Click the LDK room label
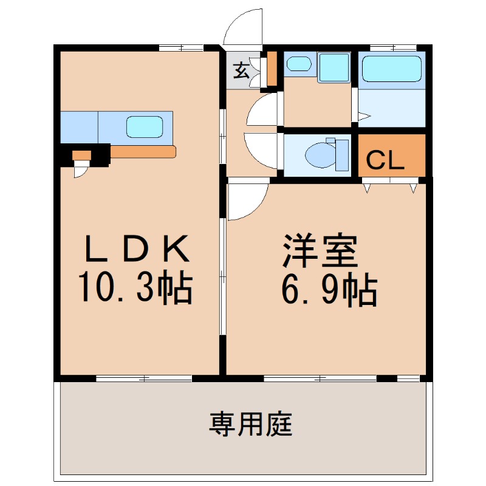pos(137,248)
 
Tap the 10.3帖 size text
pos(135,286)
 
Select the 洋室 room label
pos(320,250)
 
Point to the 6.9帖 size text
pos(329,290)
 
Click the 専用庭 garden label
pos(250,424)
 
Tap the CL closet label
pos(385,160)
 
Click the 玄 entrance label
pos(241,70)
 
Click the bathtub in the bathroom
pos(392,69)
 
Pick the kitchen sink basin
pos(145,127)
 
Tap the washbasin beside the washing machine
pos(299,64)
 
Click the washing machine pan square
pos(334,67)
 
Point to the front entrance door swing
pos(243,27)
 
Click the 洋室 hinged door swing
pos(248,202)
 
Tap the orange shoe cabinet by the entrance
pos(272,69)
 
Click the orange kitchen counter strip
pos(143,152)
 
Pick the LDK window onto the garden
pos(144,378)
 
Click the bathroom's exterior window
pos(393,48)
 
